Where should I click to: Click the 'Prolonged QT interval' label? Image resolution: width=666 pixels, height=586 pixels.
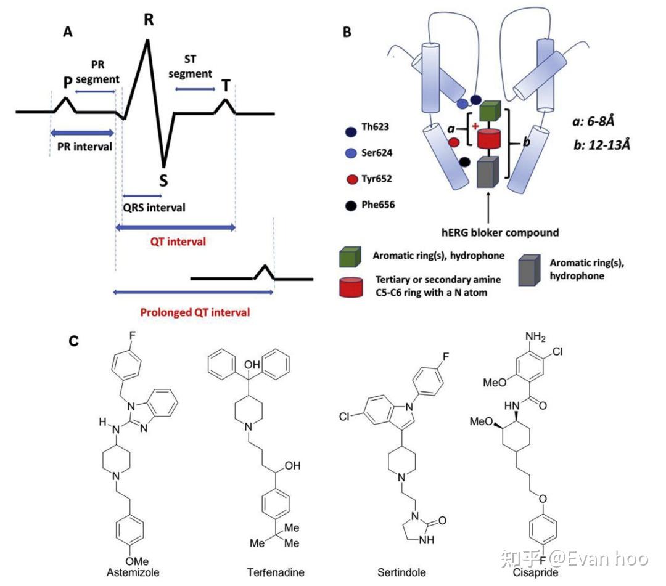(x=195, y=312)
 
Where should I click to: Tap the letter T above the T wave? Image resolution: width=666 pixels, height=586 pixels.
(x=226, y=86)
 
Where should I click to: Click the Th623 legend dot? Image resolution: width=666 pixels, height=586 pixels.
(x=350, y=131)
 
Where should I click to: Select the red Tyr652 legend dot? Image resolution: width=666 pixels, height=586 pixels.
(x=350, y=179)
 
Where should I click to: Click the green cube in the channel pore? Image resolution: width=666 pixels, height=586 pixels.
(x=488, y=111)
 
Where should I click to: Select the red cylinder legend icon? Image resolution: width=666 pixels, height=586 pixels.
(x=350, y=287)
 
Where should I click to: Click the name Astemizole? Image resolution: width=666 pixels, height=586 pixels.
(x=133, y=572)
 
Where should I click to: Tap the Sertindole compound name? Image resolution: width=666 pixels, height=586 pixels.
(x=401, y=572)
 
